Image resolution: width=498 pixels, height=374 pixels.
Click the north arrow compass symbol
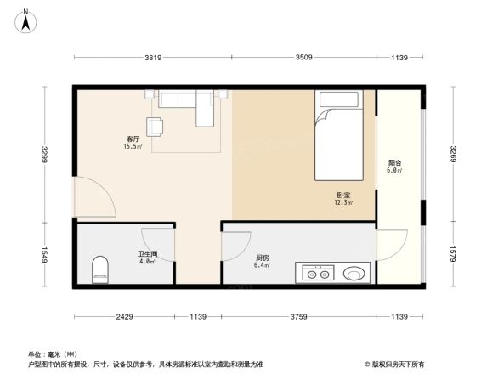26,20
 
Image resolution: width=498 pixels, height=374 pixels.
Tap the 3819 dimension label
152,57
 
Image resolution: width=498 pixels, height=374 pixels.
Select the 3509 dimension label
305,57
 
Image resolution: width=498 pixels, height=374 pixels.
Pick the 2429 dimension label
124,317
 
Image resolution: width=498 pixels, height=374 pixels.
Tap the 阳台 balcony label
394,166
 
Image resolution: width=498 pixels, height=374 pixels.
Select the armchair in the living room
155,127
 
